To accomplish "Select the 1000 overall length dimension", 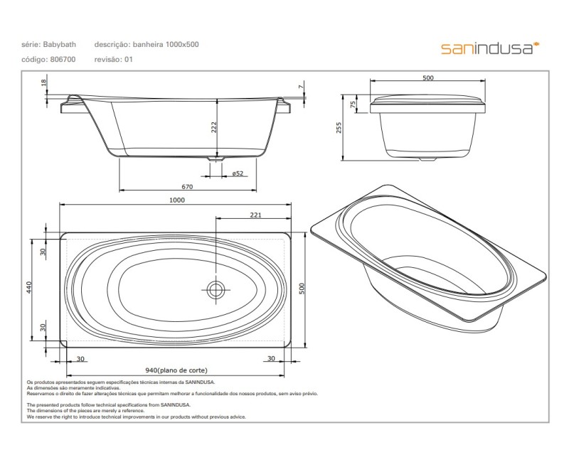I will pyautogui.click(x=177, y=200).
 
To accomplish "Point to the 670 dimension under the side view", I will pyautogui.click(x=187, y=187).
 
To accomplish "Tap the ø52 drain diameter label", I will pyautogui.click(x=238, y=173).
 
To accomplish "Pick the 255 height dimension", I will pyautogui.click(x=340, y=127).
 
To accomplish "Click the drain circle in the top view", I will pyautogui.click(x=216, y=289).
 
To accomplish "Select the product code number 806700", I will pyautogui.click(x=63, y=60).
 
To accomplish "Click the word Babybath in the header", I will pyautogui.click(x=59, y=45).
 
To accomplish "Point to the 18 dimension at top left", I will pyautogui.click(x=43, y=83).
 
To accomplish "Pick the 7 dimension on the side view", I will pyautogui.click(x=301, y=87).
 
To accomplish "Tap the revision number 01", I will pyautogui.click(x=129, y=60).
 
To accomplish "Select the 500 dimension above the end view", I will pyautogui.click(x=427, y=78).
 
